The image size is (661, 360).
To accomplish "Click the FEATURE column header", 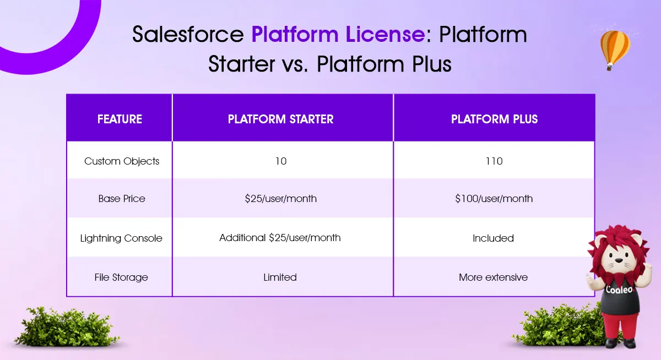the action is click(120, 119).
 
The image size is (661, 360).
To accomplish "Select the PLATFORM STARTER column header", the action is click(280, 119).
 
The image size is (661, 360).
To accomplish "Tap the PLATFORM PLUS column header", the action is click(494, 119).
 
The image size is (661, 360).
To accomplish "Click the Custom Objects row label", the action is click(122, 161).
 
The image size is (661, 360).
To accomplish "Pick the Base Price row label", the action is click(122, 198).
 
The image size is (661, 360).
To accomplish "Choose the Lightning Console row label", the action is click(121, 238).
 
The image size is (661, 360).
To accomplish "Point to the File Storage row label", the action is click(121, 277).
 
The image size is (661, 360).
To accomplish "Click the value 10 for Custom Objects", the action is click(280, 161).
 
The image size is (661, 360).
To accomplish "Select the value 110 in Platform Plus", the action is click(494, 161).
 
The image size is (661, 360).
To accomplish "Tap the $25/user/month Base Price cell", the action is click(280, 198).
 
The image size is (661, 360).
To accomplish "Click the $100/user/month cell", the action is click(494, 198).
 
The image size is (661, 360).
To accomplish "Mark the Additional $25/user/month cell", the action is click(280, 238).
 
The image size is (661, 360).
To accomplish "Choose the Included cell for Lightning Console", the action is click(493, 238).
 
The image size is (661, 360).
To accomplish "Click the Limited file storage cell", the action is click(280, 277).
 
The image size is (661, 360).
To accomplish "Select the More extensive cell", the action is click(493, 277).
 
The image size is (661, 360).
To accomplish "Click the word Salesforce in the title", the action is click(188, 34).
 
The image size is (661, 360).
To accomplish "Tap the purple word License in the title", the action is click(385, 34).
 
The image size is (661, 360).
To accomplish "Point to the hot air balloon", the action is click(615, 50).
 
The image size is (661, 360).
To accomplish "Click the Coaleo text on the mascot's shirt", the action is click(619, 290).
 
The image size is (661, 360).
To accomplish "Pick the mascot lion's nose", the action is click(619, 260).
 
